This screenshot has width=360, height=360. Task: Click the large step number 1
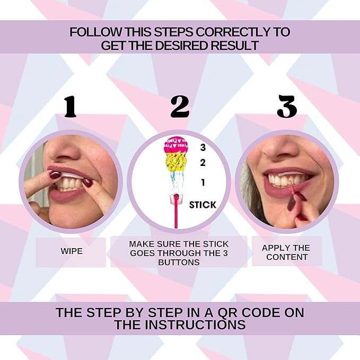click(71, 107)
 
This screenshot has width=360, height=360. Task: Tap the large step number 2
click(180, 107)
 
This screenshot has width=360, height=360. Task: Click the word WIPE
click(72, 251)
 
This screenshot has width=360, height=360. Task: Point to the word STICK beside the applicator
click(203, 205)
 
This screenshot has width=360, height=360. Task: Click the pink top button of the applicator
click(176, 146)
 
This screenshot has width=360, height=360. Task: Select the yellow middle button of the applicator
click(176, 163)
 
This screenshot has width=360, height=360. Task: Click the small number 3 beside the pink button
click(203, 147)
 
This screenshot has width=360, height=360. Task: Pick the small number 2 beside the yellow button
click(203, 163)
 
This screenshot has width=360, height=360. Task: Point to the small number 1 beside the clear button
click(203, 182)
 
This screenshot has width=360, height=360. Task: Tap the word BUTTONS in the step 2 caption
click(179, 262)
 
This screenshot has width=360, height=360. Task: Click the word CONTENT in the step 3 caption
click(287, 257)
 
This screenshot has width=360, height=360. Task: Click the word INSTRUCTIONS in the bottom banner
click(180, 324)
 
